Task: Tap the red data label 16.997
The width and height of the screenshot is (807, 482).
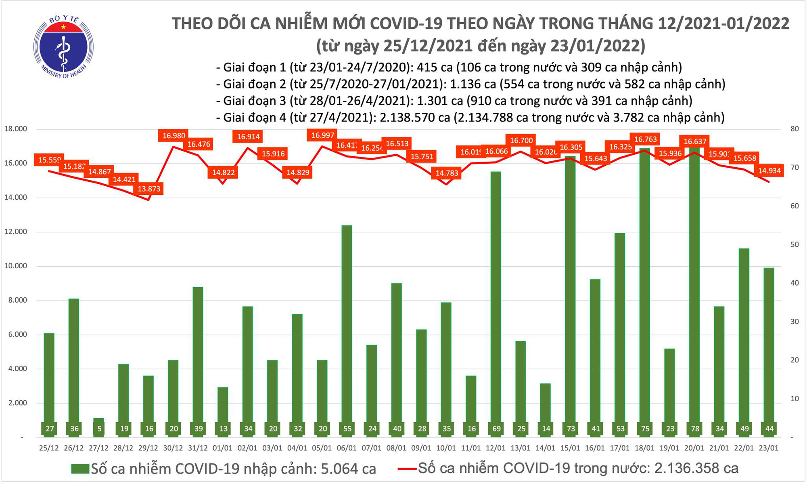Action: coord(323,135)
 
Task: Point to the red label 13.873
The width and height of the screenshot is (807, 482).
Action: coord(149,189)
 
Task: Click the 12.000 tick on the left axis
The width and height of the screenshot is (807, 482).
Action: coord(15,232)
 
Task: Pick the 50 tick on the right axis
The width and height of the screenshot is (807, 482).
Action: coord(794,244)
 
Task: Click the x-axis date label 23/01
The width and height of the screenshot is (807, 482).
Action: coord(769,448)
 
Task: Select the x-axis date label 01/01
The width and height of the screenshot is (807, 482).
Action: coord(223,448)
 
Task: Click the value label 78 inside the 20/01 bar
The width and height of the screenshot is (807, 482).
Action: coord(695,429)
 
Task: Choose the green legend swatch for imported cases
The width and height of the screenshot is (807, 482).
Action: coord(80,469)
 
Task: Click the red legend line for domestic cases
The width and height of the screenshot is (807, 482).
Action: coord(407,469)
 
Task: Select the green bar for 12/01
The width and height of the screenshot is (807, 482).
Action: coord(496,299)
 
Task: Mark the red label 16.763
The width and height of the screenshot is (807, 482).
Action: coord(645,139)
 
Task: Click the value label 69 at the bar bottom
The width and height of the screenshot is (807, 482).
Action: coord(496,429)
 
